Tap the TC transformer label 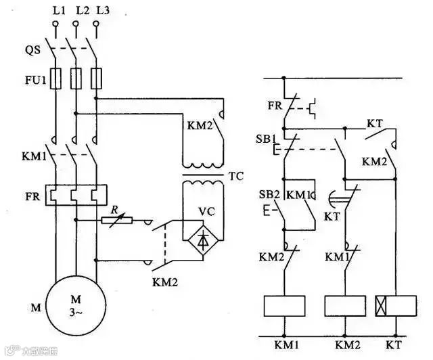[236, 177]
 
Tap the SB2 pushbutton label [269, 195]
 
